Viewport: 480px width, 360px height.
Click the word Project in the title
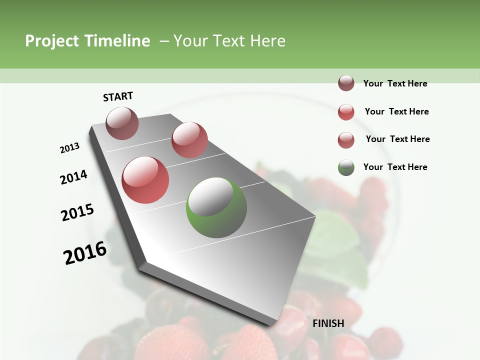(x=52, y=41)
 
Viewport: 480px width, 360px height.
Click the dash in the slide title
(x=163, y=41)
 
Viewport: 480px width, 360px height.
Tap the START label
(x=118, y=96)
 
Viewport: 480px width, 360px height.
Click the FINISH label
(x=328, y=323)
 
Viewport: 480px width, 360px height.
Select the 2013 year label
(x=70, y=148)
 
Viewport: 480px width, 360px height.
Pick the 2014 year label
(x=74, y=177)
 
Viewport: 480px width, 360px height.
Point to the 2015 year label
(x=77, y=212)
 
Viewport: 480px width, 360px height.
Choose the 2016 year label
(x=85, y=253)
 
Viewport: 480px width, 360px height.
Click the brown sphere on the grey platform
(x=122, y=123)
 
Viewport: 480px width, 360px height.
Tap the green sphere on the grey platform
(x=216, y=207)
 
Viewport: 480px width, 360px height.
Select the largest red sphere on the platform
(x=145, y=180)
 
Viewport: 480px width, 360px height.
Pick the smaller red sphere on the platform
(x=189, y=140)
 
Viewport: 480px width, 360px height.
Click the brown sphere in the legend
(x=346, y=83)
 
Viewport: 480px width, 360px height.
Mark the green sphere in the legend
(x=346, y=167)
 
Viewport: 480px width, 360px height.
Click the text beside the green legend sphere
(x=395, y=167)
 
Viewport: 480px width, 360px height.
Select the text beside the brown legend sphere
(x=395, y=83)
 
